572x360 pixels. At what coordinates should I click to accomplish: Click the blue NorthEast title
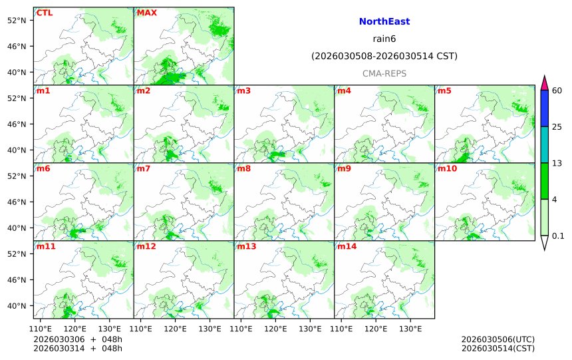pyautogui.click(x=384, y=22)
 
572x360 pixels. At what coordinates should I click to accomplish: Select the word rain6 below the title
pyautogui.click(x=384, y=39)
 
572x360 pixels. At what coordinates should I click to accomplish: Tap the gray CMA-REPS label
pyautogui.click(x=384, y=73)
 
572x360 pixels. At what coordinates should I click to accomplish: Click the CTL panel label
pyautogui.click(x=45, y=13)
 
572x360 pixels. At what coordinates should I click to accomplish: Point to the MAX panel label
pyautogui.click(x=146, y=13)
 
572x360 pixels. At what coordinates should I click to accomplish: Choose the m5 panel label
pyautogui.click(x=444, y=91)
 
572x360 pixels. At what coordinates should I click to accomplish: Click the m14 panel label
pyautogui.click(x=346, y=247)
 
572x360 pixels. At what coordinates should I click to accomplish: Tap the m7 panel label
pyautogui.click(x=143, y=169)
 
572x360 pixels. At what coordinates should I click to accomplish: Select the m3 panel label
pyautogui.click(x=243, y=91)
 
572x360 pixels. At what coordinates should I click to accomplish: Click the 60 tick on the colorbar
pyautogui.click(x=557, y=90)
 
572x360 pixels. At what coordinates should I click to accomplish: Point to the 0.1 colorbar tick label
pyautogui.click(x=558, y=236)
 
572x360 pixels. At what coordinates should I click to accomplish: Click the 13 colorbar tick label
pyautogui.click(x=557, y=163)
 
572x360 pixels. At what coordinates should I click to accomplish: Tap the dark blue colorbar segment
pyautogui.click(x=544, y=108)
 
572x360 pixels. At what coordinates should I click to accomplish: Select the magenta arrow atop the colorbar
pyautogui.click(x=544, y=83)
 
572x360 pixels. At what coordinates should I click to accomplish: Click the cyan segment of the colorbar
pyautogui.click(x=544, y=144)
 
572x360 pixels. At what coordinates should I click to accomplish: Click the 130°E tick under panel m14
pyautogui.click(x=410, y=329)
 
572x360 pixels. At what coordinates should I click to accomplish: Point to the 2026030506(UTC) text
pyautogui.click(x=498, y=339)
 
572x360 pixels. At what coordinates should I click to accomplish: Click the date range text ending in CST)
pyautogui.click(x=384, y=57)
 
